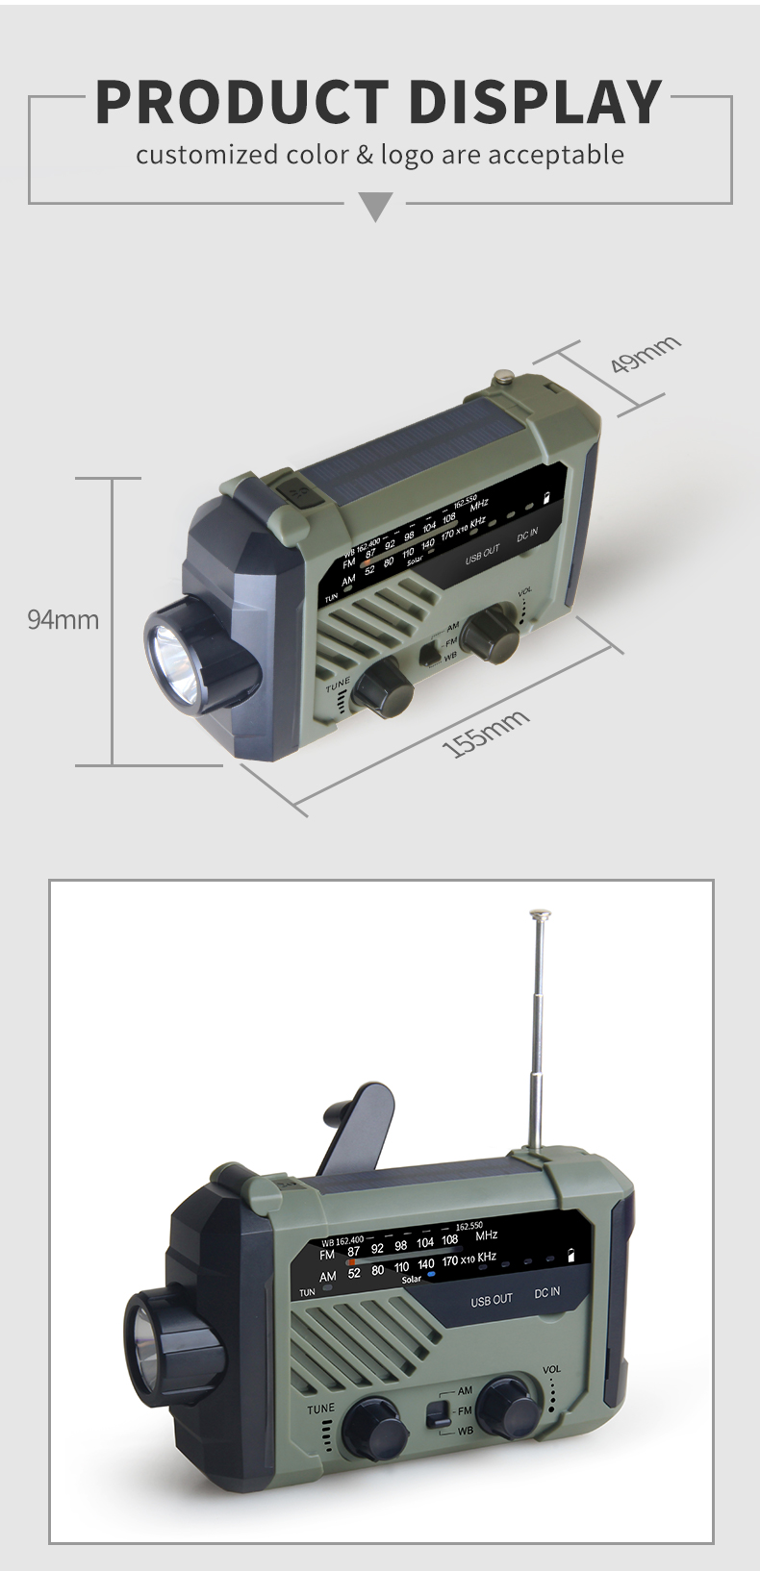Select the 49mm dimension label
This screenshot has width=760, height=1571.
646,355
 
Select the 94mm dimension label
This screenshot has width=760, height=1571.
63,619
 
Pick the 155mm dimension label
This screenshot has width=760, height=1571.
486,734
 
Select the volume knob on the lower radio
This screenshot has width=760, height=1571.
508,1409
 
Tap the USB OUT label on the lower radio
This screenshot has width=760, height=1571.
491,1300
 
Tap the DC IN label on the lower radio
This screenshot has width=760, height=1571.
546,1292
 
